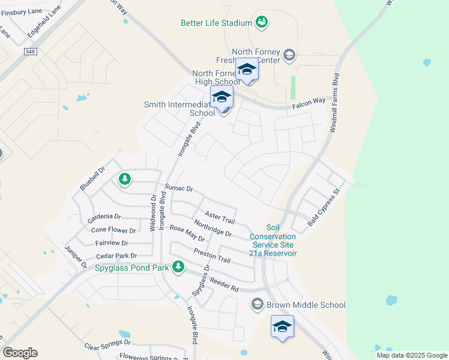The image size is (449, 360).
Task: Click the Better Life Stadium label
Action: point(216,23)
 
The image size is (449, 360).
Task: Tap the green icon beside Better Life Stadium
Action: point(261,22)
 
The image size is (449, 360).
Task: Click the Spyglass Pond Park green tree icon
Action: point(178,266)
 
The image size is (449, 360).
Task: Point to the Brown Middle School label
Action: point(306,305)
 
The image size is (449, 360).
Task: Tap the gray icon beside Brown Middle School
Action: point(258,304)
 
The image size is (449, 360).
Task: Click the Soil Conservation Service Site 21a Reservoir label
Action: point(273,241)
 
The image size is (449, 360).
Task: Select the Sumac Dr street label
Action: point(179,188)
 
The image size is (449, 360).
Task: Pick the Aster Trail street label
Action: point(219,217)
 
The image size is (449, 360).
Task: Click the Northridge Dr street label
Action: point(212,229)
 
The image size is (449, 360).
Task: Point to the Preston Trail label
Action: point(212,256)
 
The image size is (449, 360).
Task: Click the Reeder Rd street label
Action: point(224,284)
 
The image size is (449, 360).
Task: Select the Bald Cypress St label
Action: point(324,207)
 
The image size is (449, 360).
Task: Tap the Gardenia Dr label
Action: point(104,217)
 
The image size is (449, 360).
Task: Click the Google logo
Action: point(20,353)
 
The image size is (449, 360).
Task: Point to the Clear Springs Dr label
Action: point(107,344)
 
